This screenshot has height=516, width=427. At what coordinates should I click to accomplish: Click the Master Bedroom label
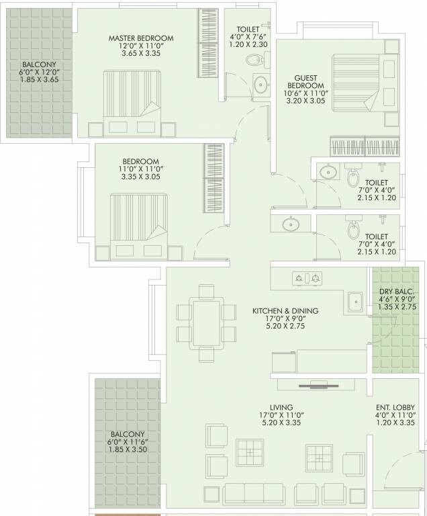tap(141, 38)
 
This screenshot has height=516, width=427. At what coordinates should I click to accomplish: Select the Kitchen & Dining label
tap(285, 311)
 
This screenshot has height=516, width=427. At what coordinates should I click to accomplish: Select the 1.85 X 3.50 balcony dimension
tap(128, 448)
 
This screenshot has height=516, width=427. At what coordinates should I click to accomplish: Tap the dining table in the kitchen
tap(207, 321)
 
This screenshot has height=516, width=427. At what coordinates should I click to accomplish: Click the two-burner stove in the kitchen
tap(307, 277)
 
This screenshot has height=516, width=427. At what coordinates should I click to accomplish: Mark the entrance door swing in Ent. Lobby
tap(403, 470)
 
